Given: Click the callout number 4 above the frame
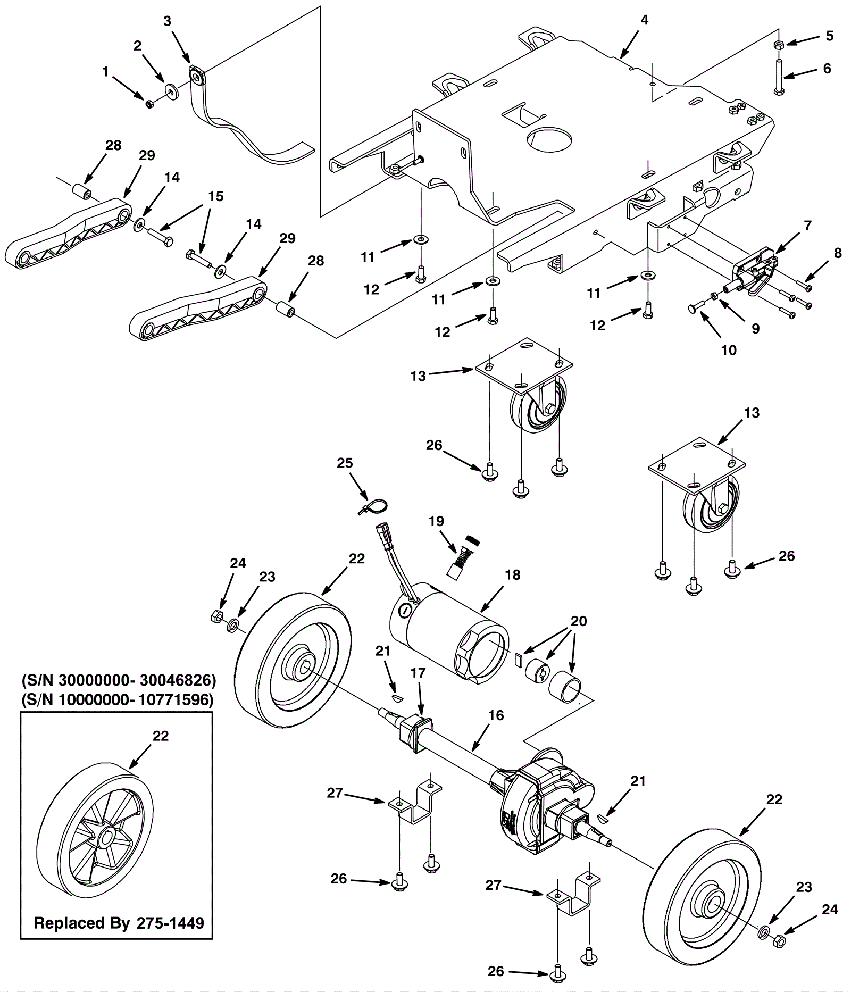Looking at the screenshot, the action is [x=644, y=20].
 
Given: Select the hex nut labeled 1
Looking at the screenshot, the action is [x=149, y=103].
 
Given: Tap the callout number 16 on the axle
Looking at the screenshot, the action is [x=496, y=715].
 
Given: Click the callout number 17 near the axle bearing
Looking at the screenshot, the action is [x=418, y=673].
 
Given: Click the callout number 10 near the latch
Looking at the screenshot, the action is [x=728, y=350].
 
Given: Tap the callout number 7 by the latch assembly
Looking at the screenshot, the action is [x=807, y=226].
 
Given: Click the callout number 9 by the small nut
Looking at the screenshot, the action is [x=755, y=329].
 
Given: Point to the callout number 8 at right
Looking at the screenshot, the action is [x=838, y=253].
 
